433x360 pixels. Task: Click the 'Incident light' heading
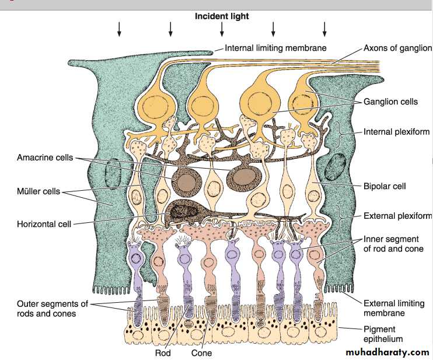point(222,16)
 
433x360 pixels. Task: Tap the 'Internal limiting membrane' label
point(275,48)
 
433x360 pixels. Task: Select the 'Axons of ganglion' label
point(397,48)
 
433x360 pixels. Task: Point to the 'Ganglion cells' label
point(390,102)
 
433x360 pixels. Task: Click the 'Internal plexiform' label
point(397,132)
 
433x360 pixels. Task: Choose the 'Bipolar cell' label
point(385,186)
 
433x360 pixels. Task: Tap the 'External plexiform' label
point(397,216)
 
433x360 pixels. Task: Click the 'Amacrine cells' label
point(45,158)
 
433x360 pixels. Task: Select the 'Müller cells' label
point(38,191)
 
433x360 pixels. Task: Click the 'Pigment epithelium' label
point(383,334)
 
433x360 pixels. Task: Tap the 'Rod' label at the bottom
point(162,353)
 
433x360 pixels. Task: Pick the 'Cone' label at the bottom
point(201,353)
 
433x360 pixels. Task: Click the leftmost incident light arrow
point(119,29)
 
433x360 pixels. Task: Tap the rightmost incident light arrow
point(324,29)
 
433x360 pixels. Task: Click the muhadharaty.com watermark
point(387,352)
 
